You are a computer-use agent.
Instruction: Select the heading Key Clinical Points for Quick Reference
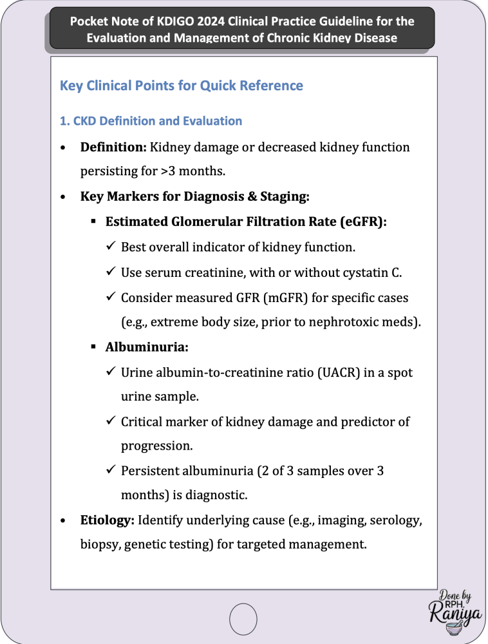pyautogui.click(x=181, y=85)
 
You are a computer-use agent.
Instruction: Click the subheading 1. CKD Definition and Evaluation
pyautogui.click(x=151, y=121)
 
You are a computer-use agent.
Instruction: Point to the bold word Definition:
pyautogui.click(x=113, y=147)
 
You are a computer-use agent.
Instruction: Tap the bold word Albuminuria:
pyautogui.click(x=147, y=347)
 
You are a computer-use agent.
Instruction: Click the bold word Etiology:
pyautogui.click(x=108, y=520)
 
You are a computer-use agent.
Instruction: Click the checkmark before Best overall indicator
pyautogui.click(x=110, y=247)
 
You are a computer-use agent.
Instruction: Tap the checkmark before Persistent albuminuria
pyautogui.click(x=110, y=471)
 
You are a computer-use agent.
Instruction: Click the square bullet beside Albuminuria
pyautogui.click(x=93, y=347)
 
